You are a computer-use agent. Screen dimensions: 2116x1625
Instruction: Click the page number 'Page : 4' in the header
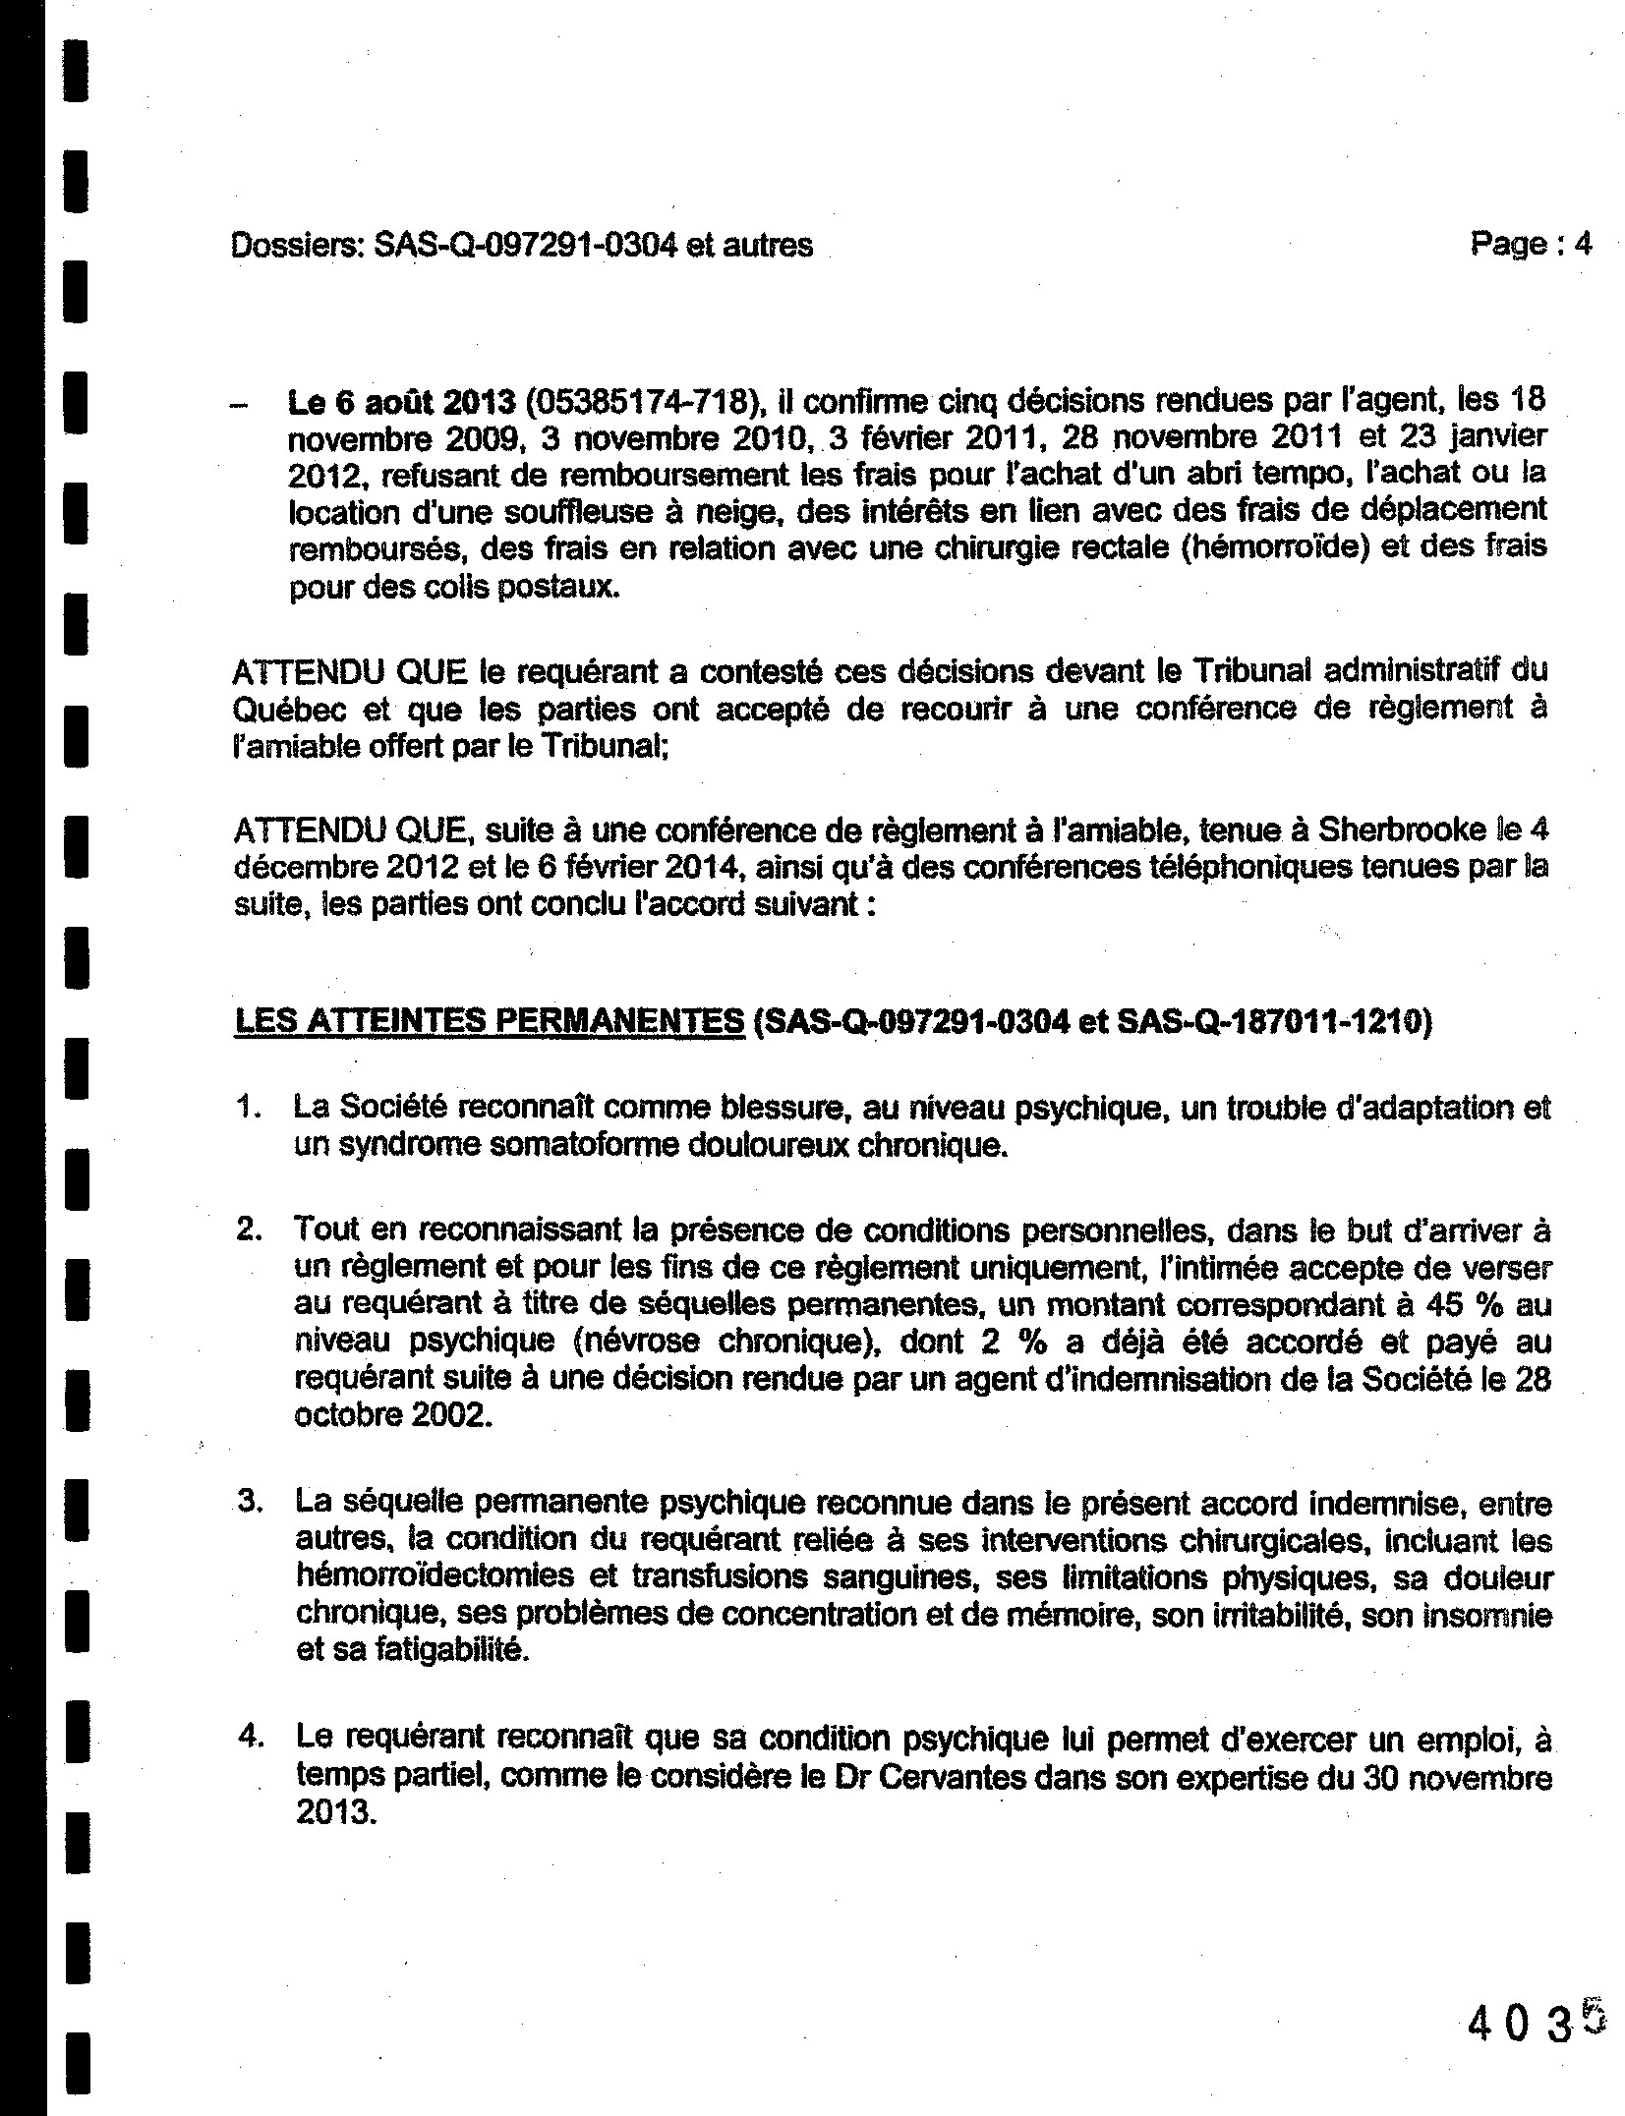[x=1530, y=243]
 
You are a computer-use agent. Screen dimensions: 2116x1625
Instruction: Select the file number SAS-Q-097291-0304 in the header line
[x=525, y=245]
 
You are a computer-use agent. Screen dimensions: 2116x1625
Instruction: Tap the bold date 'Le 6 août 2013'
[x=401, y=402]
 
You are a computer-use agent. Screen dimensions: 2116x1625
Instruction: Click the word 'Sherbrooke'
[x=1401, y=830]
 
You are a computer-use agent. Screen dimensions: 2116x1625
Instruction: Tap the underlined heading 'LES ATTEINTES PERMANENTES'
[x=489, y=1022]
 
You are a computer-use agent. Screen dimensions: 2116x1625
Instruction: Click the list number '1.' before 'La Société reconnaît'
[x=249, y=1108]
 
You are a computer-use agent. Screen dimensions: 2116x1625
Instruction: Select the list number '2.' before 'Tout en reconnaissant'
[x=249, y=1230]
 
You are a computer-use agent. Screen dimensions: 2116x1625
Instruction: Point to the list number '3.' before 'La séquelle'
[x=249, y=1504]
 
